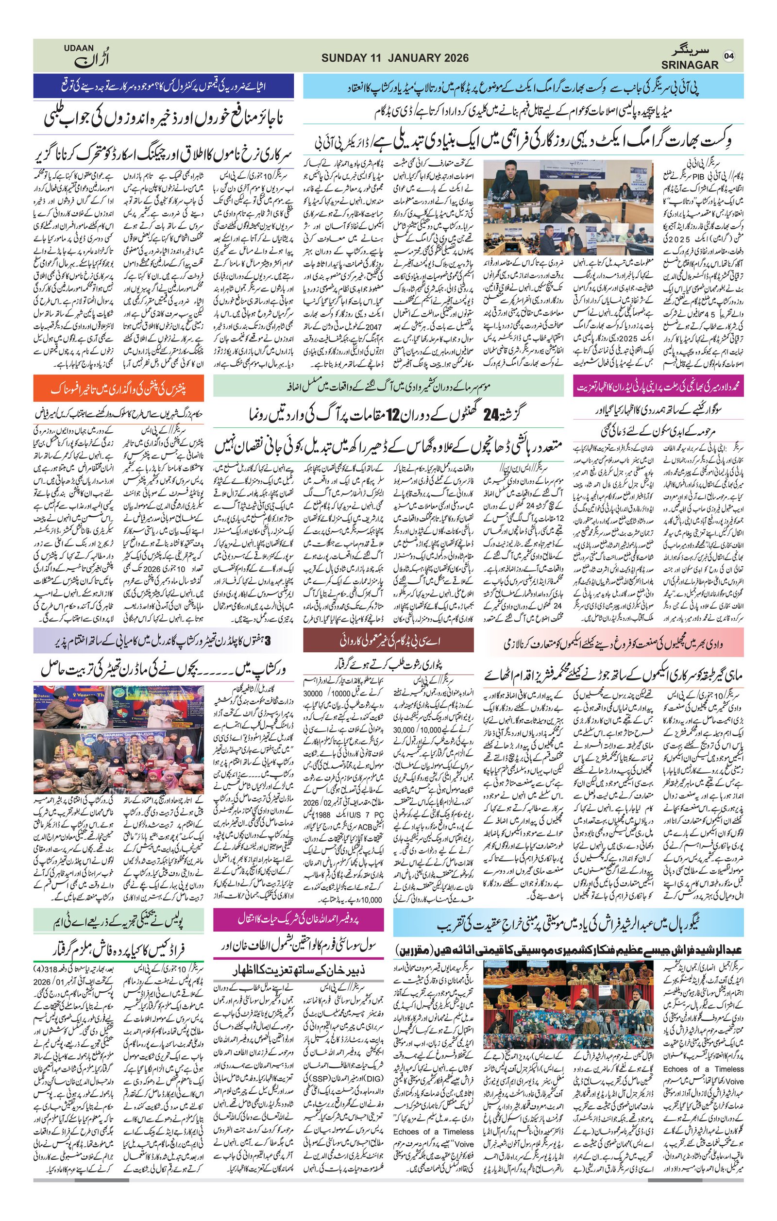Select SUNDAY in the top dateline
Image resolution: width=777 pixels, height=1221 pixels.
click(x=344, y=58)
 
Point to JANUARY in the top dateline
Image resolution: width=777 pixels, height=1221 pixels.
click(x=416, y=58)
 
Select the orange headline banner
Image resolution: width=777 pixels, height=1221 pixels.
click(x=119, y=390)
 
